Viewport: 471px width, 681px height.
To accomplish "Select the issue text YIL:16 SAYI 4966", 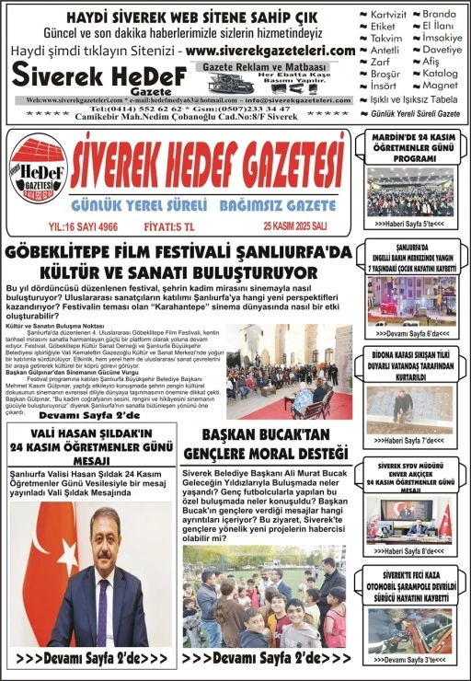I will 83,225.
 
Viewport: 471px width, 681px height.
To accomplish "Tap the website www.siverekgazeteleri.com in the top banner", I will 270,51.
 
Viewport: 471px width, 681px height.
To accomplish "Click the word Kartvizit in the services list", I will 387,15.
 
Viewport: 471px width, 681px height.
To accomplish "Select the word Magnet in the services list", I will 439,85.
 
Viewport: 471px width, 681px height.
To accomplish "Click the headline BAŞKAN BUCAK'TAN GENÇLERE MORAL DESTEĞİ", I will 266,443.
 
